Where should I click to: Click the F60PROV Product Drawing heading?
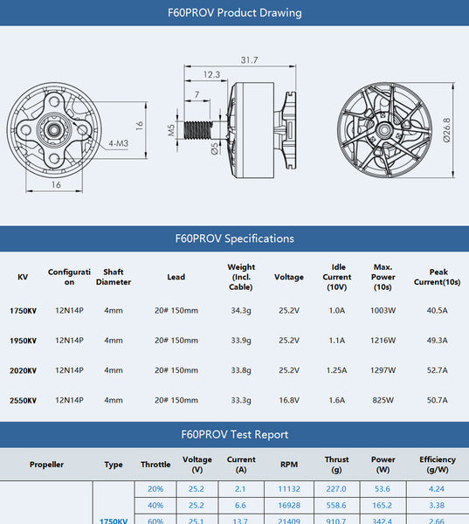click(x=234, y=13)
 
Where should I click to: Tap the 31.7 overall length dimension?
click(x=249, y=59)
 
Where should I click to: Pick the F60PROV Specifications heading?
click(x=234, y=238)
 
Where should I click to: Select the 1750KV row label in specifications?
click(x=23, y=311)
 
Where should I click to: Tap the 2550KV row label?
click(x=23, y=401)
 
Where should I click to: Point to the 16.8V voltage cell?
click(x=289, y=401)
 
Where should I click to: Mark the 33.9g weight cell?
click(x=241, y=341)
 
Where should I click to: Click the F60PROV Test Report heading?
click(x=234, y=434)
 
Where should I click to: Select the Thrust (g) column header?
click(x=336, y=465)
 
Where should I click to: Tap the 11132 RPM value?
click(x=289, y=490)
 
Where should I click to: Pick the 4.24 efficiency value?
click(x=437, y=490)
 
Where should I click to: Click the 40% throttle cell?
click(x=155, y=506)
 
